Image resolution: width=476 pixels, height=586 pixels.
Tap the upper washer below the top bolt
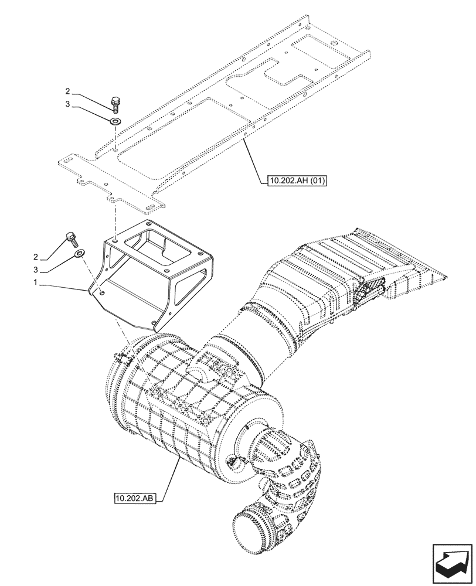(x=114, y=121)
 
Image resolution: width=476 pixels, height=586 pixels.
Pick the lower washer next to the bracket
(x=79, y=254)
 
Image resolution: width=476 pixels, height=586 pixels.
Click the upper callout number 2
(x=67, y=91)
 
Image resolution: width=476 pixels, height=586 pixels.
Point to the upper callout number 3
(x=67, y=105)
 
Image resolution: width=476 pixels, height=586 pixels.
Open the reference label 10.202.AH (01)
(x=295, y=180)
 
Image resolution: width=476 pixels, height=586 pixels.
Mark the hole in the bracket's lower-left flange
(x=102, y=290)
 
